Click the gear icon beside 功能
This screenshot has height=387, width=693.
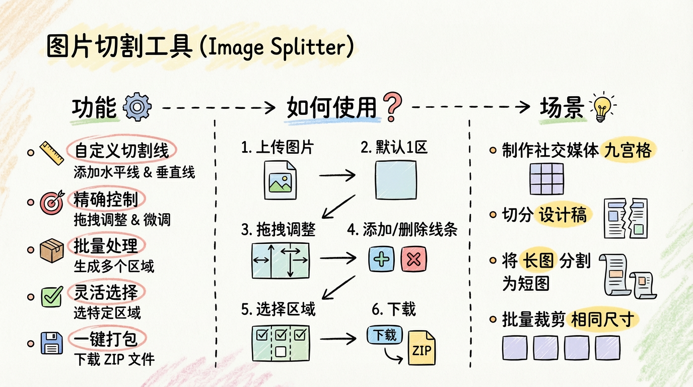point(137,107)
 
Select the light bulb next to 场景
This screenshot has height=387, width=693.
point(602,107)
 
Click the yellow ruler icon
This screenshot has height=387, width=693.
point(52,153)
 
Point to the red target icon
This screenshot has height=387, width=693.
point(52,202)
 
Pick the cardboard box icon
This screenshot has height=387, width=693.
point(52,250)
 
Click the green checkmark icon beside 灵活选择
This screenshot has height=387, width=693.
point(52,296)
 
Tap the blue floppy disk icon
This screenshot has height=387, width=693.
point(52,343)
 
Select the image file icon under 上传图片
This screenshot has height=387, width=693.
point(281,180)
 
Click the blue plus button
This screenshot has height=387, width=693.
point(381,259)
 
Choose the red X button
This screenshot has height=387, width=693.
point(413,259)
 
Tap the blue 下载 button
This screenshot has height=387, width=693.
point(385,335)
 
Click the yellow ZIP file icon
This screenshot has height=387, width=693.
point(422,348)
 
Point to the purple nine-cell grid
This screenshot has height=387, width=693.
point(546,179)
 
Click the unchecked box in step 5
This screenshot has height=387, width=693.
point(281,352)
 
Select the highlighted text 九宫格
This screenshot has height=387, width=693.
point(628,151)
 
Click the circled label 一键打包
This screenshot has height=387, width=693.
point(105,339)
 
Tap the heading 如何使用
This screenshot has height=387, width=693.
point(332,107)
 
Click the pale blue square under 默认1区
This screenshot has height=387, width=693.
point(396,180)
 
